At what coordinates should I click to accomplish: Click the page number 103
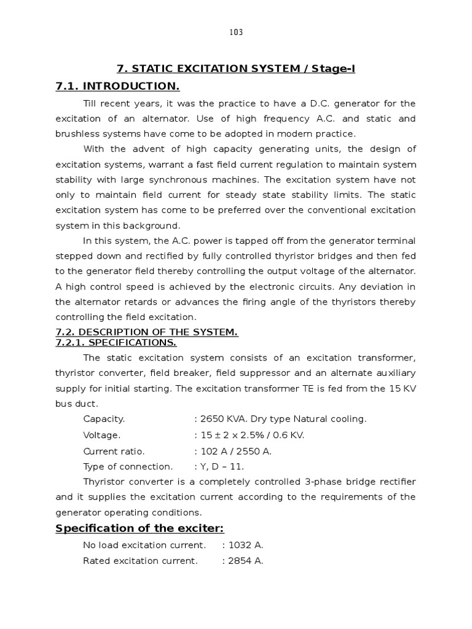click(236, 33)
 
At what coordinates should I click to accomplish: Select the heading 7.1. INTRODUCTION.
click(117, 86)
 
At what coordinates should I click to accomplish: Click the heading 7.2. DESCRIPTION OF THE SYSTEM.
click(146, 332)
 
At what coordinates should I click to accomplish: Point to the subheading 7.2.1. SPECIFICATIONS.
click(116, 342)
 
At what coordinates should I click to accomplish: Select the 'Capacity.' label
click(104, 419)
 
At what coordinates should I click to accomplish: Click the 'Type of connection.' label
click(128, 466)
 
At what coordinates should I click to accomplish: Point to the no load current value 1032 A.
click(245, 545)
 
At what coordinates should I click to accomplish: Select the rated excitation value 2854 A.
click(245, 561)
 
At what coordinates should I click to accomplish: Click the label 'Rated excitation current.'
click(140, 561)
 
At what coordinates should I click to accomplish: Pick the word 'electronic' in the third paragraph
click(278, 286)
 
